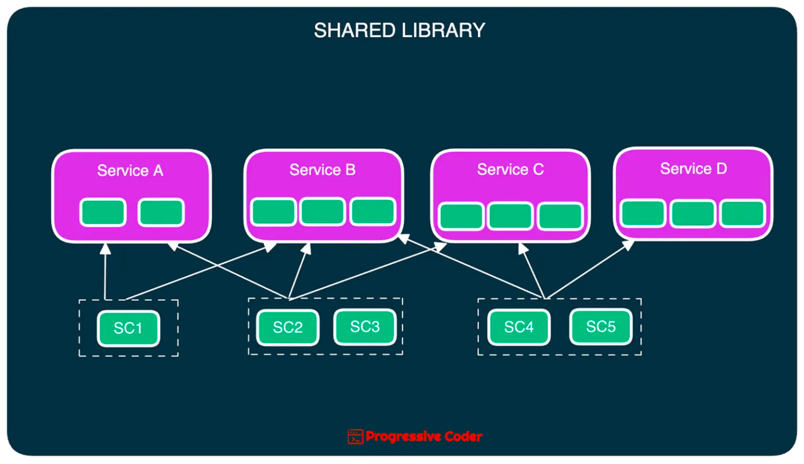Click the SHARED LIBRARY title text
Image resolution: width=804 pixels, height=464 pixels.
tap(399, 30)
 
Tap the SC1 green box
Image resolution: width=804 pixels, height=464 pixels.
tap(128, 328)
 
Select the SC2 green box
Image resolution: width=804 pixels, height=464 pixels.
tap(287, 327)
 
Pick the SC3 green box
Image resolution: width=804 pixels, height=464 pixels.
tap(365, 327)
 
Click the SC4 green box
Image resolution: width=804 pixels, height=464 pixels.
tap(519, 327)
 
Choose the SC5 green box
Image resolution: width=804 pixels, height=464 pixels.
tap(601, 327)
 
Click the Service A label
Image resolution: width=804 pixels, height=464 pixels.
tap(130, 170)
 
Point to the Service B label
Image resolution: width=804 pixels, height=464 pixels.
tap(322, 170)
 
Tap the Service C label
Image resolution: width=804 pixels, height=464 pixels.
tap(510, 169)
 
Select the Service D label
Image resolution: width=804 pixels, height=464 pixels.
tap(693, 169)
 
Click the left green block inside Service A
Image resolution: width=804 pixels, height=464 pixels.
tap(103, 213)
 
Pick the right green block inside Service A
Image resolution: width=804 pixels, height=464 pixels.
tap(161, 213)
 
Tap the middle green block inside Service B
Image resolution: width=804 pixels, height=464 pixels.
tap(322, 212)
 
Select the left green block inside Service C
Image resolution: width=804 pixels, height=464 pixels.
tap(461, 216)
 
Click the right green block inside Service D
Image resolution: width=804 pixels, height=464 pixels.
tap(742, 214)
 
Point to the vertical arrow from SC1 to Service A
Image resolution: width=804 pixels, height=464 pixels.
tap(105, 274)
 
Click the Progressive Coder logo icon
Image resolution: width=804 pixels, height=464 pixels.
tap(355, 437)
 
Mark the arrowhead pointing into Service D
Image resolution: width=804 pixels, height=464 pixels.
tap(629, 244)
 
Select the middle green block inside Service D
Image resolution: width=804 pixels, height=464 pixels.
tap(693, 214)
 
